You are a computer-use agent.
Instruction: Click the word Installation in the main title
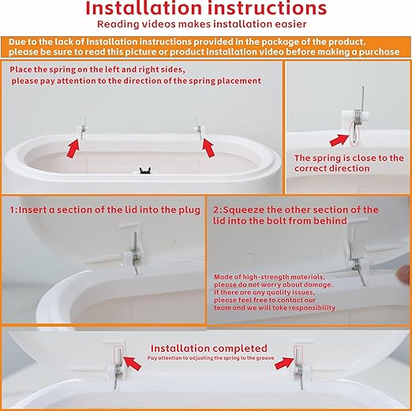144,8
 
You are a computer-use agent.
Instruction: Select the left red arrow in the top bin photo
73,148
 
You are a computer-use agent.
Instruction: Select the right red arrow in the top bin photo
208,148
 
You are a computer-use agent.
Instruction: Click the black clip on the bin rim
145,170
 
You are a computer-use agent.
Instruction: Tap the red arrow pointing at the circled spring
339,140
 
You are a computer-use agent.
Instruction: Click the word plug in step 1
189,211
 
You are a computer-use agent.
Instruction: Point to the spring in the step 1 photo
135,253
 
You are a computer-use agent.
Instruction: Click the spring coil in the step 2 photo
355,263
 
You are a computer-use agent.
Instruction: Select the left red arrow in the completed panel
132,363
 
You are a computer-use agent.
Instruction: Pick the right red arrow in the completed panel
284,363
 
